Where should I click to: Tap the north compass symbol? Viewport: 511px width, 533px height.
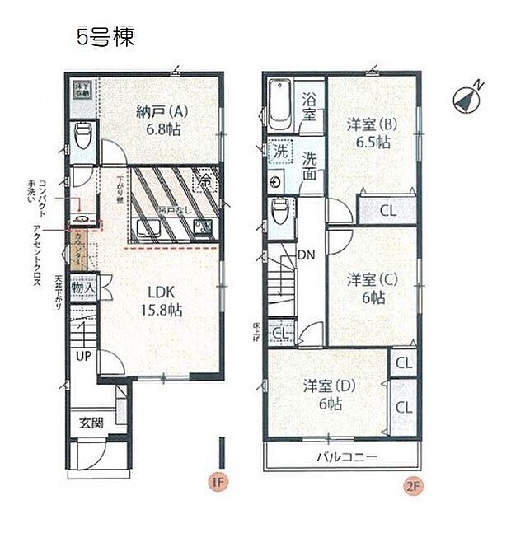coord(467,99)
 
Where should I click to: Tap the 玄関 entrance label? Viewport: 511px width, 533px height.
coord(91,423)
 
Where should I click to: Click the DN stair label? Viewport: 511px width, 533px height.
coord(305,254)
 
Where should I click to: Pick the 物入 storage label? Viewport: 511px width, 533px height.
coord(83,289)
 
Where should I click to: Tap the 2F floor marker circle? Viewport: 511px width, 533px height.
coord(413,484)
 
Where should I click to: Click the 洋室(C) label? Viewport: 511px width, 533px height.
coord(373,279)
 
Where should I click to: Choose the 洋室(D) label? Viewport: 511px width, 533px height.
coord(328,385)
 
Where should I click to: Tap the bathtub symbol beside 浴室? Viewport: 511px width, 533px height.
coord(281,103)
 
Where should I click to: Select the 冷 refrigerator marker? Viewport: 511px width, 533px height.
coord(204,176)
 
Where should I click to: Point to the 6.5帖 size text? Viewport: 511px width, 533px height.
coord(373,142)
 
